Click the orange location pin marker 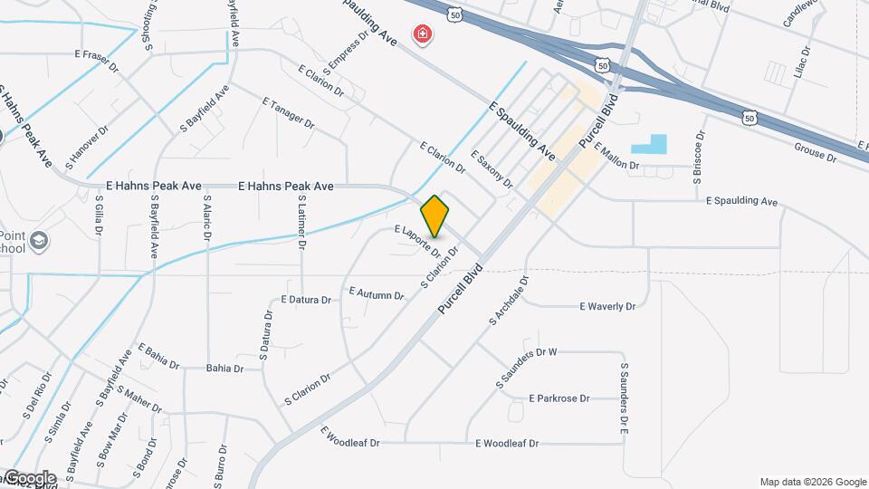[435, 216]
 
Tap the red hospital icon [422, 35]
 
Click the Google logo [29, 477]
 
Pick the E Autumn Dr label [376, 294]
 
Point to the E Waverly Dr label [607, 306]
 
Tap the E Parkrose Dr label [559, 398]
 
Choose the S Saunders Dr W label [526, 369]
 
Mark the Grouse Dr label [816, 150]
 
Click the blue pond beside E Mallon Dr [649, 144]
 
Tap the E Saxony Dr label [492, 169]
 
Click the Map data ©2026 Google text [812, 482]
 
